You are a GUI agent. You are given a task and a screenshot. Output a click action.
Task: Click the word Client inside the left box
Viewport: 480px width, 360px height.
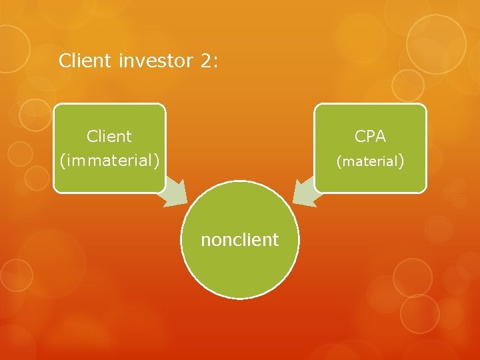tap(109, 137)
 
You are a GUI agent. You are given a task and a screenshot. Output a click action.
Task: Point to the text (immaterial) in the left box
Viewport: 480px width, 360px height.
tap(109, 161)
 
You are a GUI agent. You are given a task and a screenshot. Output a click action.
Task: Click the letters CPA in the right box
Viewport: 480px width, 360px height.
tap(370, 137)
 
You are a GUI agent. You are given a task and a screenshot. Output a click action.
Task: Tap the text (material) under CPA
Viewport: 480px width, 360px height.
tap(370, 161)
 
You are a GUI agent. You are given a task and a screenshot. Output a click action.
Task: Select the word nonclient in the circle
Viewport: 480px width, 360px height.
tap(240, 240)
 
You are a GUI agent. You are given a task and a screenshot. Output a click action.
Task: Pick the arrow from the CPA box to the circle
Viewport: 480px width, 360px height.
tap(305, 191)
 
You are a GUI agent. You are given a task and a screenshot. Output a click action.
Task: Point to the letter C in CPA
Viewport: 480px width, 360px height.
tap(360, 137)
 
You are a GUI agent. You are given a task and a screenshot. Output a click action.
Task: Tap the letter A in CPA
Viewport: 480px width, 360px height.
tap(381, 137)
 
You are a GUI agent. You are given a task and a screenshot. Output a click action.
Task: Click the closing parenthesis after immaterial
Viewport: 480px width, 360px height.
tap(157, 161)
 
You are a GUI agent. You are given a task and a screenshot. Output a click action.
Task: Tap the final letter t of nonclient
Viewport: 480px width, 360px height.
tap(275, 240)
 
